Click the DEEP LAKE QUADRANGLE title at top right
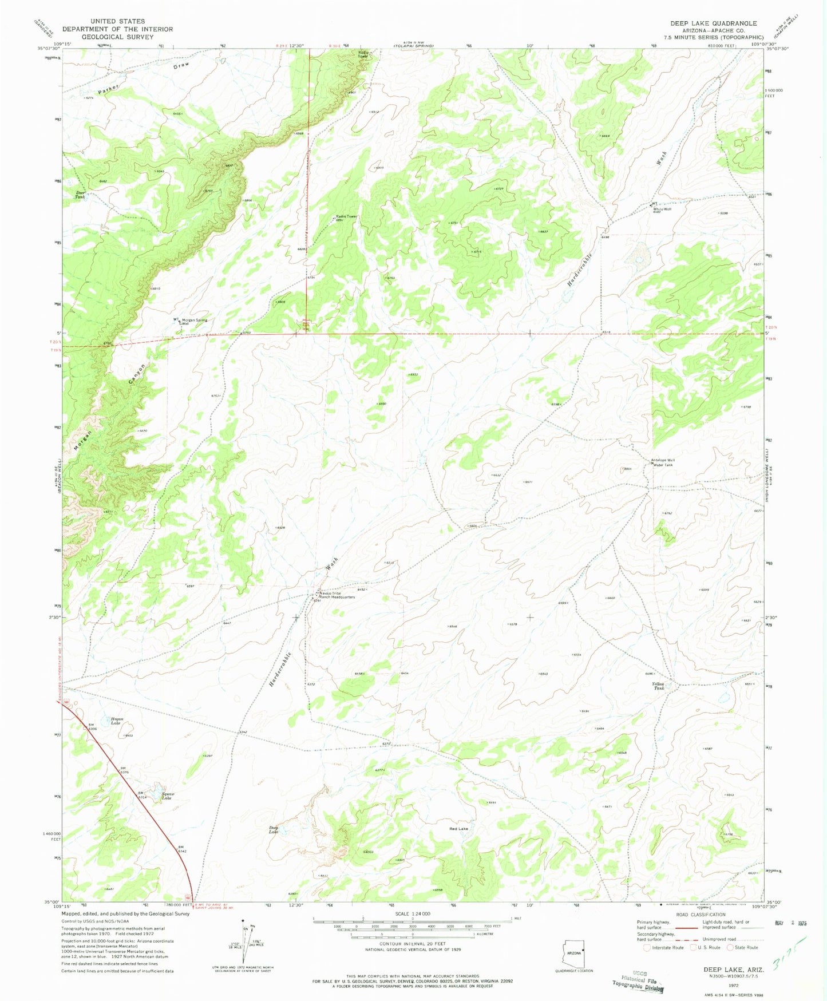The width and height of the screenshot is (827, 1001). [x=713, y=23]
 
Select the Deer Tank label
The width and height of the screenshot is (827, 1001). [x=81, y=195]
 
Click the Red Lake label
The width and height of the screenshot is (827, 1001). [x=458, y=829]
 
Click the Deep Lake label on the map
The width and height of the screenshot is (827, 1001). [x=274, y=829]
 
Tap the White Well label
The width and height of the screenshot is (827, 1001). [x=662, y=209]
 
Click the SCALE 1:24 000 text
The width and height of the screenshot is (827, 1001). [x=412, y=914]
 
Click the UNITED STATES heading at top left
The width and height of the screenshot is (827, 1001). [x=117, y=21]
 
